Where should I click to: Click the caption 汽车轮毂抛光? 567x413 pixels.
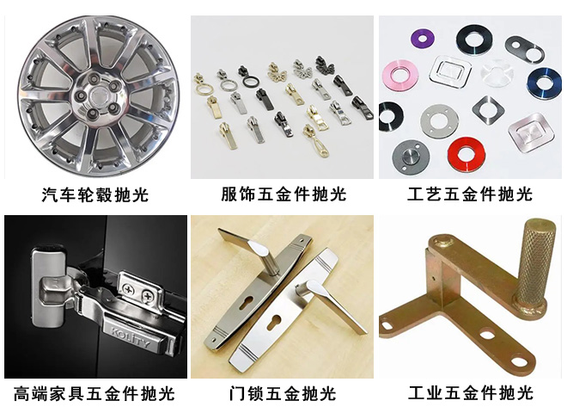coord(94,194)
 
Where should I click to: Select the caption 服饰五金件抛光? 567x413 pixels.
coord(283,194)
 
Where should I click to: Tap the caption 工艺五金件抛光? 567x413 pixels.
coord(470,194)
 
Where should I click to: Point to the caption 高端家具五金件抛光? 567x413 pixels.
coord(94,394)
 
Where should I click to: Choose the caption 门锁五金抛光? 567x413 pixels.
coord(283,394)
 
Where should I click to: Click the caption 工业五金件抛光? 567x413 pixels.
coord(470,394)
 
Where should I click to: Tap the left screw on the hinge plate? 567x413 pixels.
coord(128,291)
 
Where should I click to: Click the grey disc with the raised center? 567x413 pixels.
coord(410,154)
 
